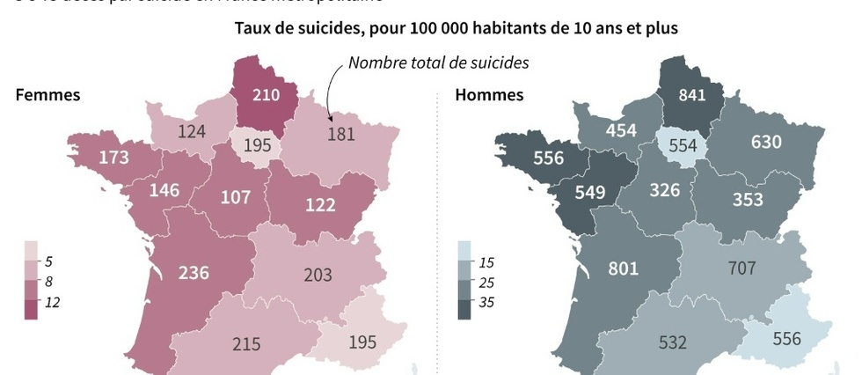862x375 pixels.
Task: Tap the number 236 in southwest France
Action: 194,272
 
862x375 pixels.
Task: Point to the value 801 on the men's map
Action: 623,268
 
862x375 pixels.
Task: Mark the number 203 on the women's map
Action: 318,275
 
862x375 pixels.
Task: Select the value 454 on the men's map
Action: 621,129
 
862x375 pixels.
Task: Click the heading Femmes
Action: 47,95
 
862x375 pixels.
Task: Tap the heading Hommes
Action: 489,95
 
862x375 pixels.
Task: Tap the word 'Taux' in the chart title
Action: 254,28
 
